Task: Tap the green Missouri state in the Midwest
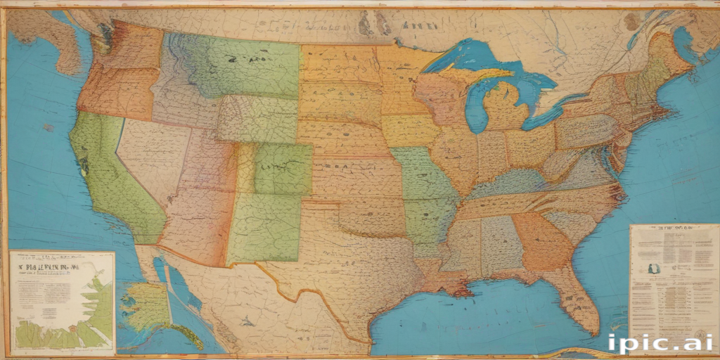(x=422, y=176)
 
